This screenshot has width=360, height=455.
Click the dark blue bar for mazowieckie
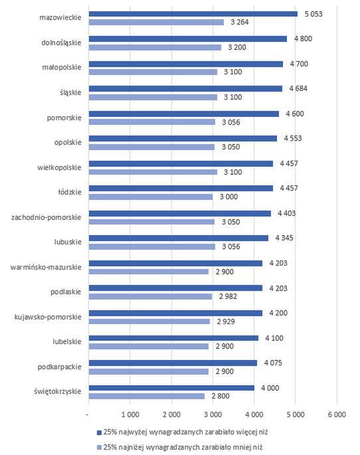(193, 13)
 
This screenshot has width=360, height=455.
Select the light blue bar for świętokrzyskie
(146, 397)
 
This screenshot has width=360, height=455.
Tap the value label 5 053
(314, 13)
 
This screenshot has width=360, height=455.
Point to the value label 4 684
(298, 88)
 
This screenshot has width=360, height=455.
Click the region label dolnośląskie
(60, 43)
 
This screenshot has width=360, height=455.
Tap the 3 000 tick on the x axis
(213, 414)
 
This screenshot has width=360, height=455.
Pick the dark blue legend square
(99, 432)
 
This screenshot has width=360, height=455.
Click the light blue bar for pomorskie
(151, 122)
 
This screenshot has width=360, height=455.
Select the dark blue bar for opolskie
(182, 138)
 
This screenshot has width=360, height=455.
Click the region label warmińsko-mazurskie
(46, 267)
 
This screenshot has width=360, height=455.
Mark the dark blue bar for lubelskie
(173, 337)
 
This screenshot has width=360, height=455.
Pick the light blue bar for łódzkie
(150, 197)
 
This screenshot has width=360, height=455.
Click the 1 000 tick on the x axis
(130, 414)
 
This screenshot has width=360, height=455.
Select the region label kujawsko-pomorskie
(48, 317)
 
